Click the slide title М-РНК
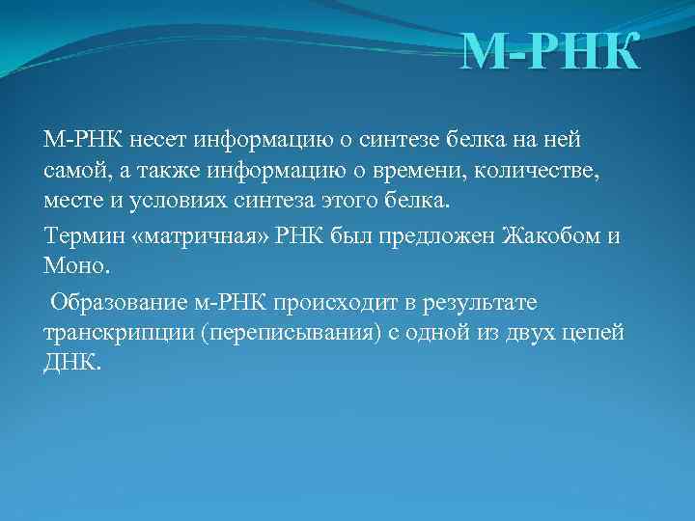(x=549, y=53)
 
